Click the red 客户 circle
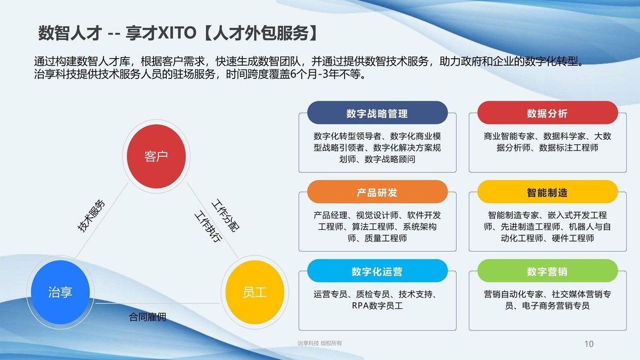[156, 156]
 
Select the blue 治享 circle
[60, 292]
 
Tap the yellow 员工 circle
[254, 292]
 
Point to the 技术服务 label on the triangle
[92, 215]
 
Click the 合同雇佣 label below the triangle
[148, 317]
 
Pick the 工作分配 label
[225, 215]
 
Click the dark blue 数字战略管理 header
[377, 113]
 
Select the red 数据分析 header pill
[547, 113]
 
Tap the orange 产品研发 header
[377, 192]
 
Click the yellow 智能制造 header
[547, 192]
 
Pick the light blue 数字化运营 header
[377, 271]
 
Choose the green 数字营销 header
[547, 271]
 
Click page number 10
[589, 343]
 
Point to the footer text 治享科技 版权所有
[319, 343]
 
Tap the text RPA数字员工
[377, 306]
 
